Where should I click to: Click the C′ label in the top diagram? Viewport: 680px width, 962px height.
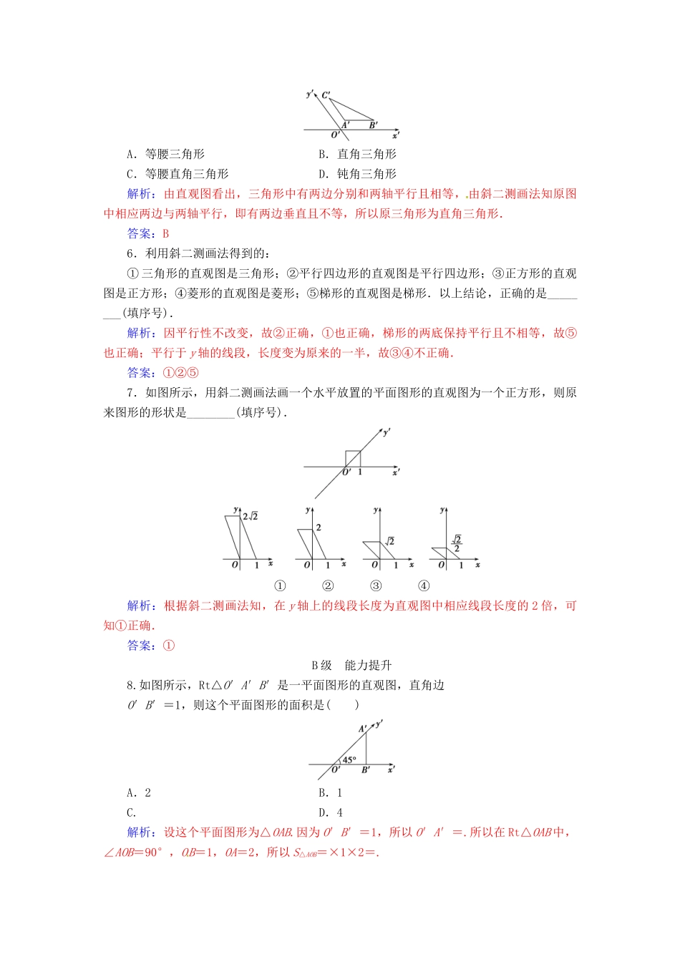click(x=326, y=95)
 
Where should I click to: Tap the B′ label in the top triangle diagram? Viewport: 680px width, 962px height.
click(x=373, y=125)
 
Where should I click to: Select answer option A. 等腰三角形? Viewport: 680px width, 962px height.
click(x=166, y=154)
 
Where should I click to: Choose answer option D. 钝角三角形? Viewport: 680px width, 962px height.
click(x=357, y=174)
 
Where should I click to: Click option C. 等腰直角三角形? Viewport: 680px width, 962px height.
click(x=178, y=174)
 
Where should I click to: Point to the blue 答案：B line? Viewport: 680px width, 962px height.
click(x=148, y=233)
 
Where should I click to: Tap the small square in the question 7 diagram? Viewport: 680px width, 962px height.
click(x=352, y=458)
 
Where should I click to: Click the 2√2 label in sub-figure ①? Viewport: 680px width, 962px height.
click(x=250, y=516)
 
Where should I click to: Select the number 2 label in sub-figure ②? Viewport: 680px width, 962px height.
click(x=319, y=528)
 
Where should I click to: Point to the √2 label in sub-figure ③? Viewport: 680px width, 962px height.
click(x=389, y=542)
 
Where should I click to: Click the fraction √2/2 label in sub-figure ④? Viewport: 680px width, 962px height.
click(x=457, y=544)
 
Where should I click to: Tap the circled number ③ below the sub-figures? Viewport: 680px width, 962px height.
click(x=376, y=586)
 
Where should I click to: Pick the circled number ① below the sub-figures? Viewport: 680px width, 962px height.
click(x=280, y=586)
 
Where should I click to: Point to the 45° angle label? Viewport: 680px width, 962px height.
click(x=349, y=759)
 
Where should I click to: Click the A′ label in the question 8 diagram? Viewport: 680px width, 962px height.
click(x=363, y=729)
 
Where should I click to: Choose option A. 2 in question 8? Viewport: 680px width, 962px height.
click(x=139, y=792)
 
